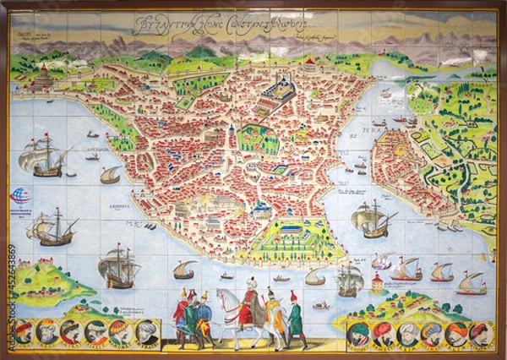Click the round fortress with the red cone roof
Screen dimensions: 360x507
(x=42, y=78)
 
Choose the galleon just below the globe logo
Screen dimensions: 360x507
(x=53, y=228)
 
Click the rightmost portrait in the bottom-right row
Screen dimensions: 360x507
(x=480, y=332)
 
